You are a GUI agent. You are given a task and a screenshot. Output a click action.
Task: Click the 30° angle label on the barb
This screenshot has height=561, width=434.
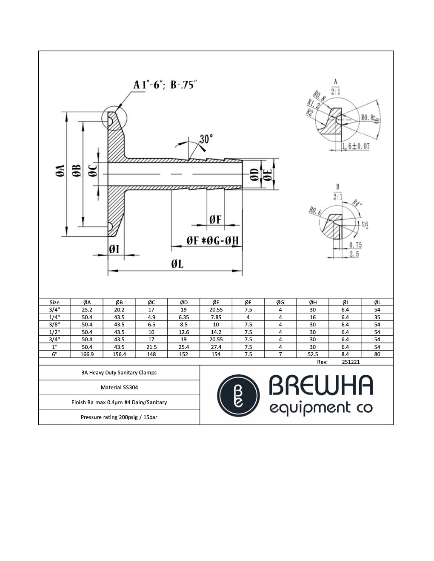tap(206, 139)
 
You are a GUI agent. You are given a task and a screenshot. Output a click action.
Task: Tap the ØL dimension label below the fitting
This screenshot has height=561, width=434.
tap(177, 264)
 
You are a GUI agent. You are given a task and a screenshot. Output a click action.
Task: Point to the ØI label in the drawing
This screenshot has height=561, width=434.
tap(114, 249)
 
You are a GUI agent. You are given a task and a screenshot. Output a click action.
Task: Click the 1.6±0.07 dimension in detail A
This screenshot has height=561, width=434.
tap(356, 146)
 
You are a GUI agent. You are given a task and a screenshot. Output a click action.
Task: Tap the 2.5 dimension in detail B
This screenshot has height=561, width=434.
tap(354, 254)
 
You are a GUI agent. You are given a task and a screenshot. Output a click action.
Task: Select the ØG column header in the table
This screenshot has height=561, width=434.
tap(280, 303)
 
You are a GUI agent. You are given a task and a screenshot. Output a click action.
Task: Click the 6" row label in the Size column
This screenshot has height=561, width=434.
tap(54, 354)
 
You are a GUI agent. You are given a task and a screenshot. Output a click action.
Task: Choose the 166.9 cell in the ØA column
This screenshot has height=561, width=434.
tap(87, 354)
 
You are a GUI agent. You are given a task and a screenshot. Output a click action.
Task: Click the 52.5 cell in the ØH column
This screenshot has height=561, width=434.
tap(312, 354)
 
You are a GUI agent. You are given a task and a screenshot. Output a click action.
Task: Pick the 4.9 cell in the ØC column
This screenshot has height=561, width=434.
tap(151, 317)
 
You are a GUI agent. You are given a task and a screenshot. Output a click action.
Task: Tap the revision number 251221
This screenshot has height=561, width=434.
tap(351, 362)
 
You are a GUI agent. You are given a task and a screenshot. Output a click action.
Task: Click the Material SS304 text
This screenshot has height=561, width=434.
tap(119, 388)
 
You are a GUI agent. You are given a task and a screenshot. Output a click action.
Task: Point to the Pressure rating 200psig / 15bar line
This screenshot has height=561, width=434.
tap(119, 417)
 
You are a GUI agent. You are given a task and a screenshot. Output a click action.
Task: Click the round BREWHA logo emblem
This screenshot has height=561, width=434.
tap(238, 396)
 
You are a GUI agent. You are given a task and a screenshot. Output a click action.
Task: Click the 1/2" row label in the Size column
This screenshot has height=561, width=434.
tap(54, 332)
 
